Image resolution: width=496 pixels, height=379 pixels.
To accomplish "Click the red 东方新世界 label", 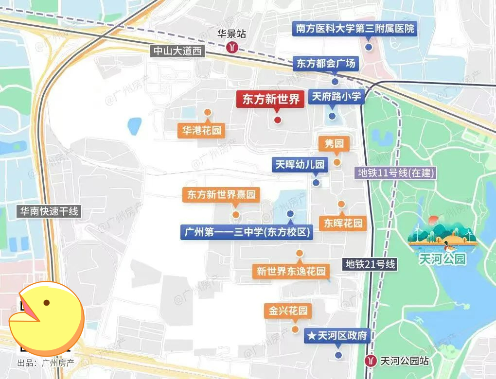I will click(271, 100).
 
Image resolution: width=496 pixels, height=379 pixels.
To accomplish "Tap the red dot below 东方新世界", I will click(277, 120).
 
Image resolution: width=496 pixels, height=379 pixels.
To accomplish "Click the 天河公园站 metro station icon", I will click(371, 361).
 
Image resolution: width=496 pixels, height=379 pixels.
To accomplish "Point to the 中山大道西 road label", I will click(177, 51).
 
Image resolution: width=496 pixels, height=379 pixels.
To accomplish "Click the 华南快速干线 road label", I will click(49, 211).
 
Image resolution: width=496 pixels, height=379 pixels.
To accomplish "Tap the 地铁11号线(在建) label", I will click(395, 172).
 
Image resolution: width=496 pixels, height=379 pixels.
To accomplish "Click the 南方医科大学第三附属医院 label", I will click(355, 28).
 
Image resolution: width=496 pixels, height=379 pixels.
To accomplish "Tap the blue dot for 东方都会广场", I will click(335, 82).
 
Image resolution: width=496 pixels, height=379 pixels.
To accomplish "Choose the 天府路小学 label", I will click(336, 97).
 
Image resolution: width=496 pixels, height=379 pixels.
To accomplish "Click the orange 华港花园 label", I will click(201, 130).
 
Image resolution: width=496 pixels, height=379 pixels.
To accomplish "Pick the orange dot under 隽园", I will click(337, 162).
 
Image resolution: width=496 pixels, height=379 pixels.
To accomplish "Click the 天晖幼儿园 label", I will click(300, 165).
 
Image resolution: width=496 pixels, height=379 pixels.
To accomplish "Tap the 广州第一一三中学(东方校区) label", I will click(247, 232).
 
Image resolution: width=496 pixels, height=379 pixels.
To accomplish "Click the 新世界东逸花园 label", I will click(291, 271).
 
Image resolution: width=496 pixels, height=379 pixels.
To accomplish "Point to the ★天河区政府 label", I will click(338, 336).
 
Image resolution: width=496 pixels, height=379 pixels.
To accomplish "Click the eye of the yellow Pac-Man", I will click(47, 303).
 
